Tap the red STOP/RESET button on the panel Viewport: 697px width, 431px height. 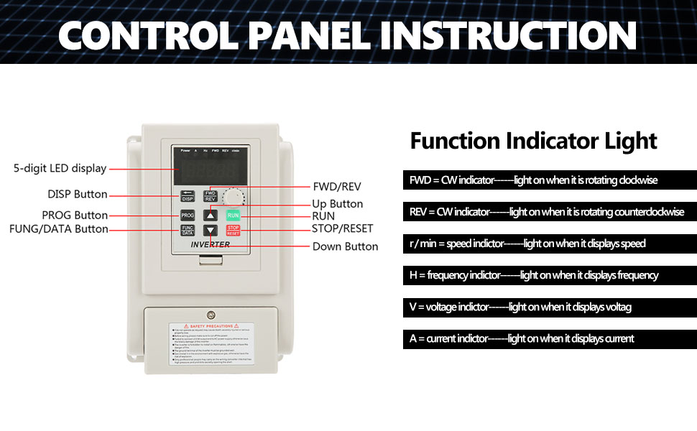(233, 231)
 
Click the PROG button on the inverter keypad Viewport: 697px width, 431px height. (187, 215)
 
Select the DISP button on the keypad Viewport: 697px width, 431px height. (187, 197)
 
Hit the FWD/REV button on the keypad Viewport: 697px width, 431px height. (211, 196)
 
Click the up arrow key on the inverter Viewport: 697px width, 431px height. (210, 215)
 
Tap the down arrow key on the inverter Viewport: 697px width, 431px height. (210, 231)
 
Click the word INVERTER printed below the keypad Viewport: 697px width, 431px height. (210, 244)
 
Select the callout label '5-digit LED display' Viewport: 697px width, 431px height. (60, 169)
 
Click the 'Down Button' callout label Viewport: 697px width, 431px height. (345, 246)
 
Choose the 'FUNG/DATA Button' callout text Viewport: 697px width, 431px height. (58, 229)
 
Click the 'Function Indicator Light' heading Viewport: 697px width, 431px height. (533, 141)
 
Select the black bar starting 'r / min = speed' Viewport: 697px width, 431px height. (549, 244)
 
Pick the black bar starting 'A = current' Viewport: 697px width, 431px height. (549, 338)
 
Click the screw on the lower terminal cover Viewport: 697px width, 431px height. (210, 315)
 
